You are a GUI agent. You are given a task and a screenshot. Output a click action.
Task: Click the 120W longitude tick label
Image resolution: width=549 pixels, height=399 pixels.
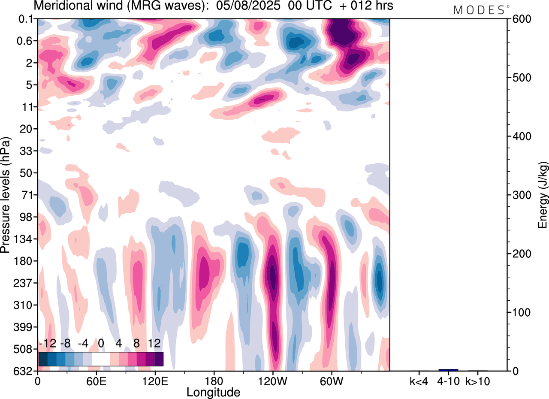pos(272,381)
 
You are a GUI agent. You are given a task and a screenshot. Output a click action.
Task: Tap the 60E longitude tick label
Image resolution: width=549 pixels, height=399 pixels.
pos(96,381)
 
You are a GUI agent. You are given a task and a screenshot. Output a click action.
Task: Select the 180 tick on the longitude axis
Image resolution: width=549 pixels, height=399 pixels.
pos(214,381)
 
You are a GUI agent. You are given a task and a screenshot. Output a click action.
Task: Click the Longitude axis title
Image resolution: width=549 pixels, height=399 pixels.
pos(213,392)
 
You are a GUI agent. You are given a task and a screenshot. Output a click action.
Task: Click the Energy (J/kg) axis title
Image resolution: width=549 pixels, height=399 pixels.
pos(543,195)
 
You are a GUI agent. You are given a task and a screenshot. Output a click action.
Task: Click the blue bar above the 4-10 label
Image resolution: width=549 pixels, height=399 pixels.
pos(448,370)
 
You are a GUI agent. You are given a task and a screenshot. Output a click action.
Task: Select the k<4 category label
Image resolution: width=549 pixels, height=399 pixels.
pos(419,381)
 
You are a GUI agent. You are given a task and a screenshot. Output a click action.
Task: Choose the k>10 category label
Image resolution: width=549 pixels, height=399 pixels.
pos(477,381)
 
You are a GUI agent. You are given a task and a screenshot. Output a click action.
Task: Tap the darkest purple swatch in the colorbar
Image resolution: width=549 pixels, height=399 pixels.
pos(159,359)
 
